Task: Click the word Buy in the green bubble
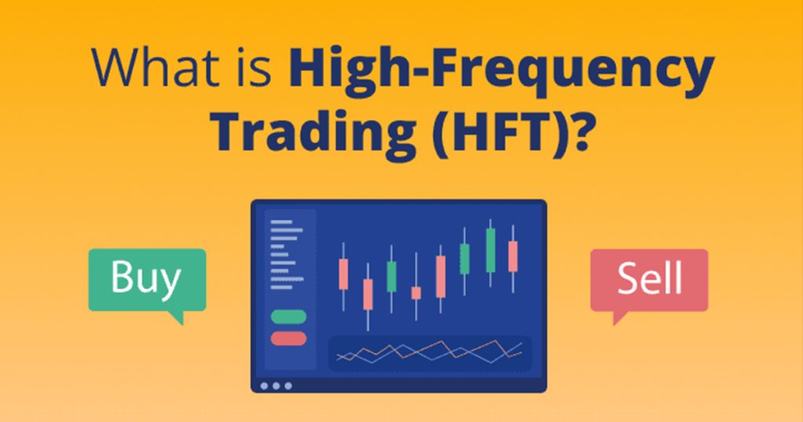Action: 146,278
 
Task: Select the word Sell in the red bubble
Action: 649,278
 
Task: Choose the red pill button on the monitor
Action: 289,338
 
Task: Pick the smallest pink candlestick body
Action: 416,293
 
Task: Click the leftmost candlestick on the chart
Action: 343,274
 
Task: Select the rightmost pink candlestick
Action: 513,256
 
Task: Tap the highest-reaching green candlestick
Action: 490,250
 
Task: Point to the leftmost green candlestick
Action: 391,276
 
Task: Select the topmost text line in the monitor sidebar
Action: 281,222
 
